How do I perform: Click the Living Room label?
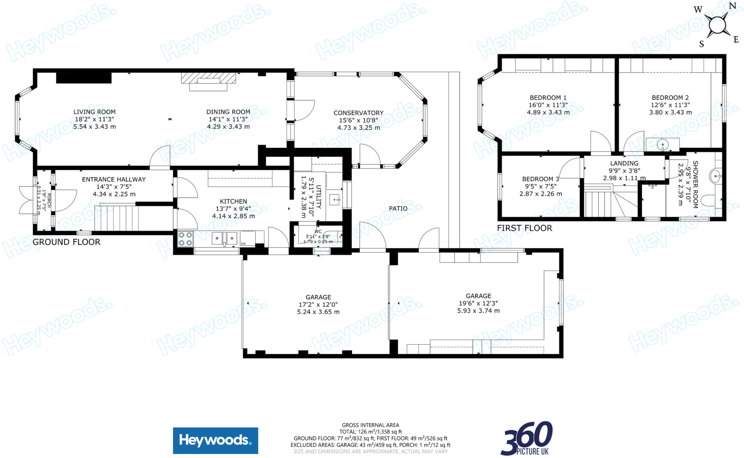pos(94,112)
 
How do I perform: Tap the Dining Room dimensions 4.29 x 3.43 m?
pos(228,127)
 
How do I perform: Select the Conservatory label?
pos(358,113)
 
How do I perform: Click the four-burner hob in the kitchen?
pos(185,239)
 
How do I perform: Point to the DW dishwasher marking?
pos(243,244)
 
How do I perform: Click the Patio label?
pos(398,208)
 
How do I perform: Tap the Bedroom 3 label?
pos(540,179)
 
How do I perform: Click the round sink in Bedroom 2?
pos(663,145)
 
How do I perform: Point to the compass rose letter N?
pos(732,6)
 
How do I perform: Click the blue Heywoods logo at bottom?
pos(215,441)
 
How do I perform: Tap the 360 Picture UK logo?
pos(526,438)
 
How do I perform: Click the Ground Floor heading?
pos(66,242)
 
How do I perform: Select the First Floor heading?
pos(524,228)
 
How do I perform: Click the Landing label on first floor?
pos(624,163)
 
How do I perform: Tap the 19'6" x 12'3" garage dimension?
pos(478,303)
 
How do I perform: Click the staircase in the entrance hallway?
pos(116,218)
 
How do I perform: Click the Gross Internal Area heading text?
pos(370,425)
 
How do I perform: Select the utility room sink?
pos(334,199)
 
